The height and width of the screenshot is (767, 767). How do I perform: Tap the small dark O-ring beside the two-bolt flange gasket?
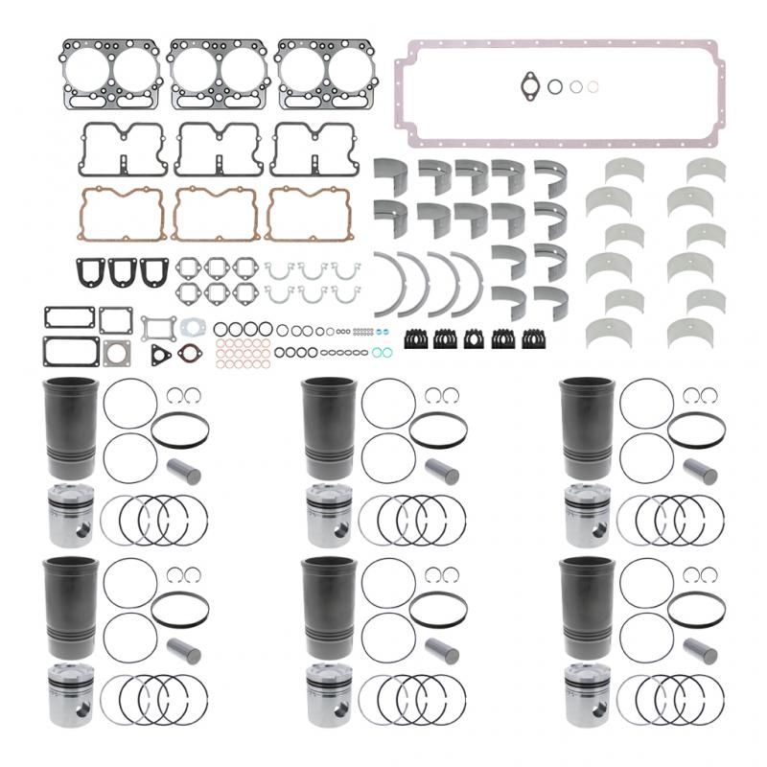(x=555, y=86)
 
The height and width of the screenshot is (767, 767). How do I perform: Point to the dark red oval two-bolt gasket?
(x=191, y=354)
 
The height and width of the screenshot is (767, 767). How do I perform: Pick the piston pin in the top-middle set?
(x=443, y=472)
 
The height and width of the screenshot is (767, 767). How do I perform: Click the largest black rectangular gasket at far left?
(x=70, y=351)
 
